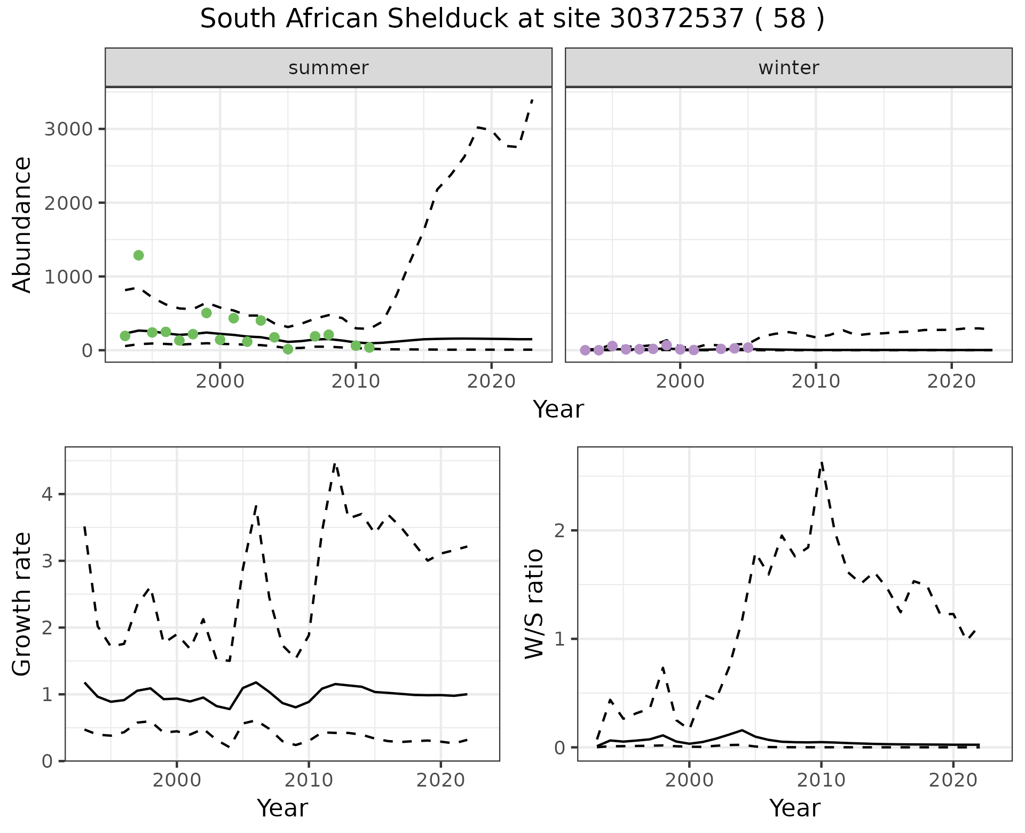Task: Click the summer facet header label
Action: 328,68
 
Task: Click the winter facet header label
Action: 789,68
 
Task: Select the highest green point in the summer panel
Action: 138,255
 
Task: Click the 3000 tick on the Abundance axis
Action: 68,129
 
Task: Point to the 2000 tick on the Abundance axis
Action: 68,203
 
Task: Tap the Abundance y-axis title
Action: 22,224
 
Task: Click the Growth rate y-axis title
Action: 22,603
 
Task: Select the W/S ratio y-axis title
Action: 534,603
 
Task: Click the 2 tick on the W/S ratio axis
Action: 561,530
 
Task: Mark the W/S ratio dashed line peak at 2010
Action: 822,462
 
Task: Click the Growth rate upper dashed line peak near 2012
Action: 335,464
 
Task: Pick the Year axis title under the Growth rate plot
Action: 282,808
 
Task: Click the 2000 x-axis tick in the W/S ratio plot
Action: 689,781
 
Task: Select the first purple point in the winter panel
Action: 585,350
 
